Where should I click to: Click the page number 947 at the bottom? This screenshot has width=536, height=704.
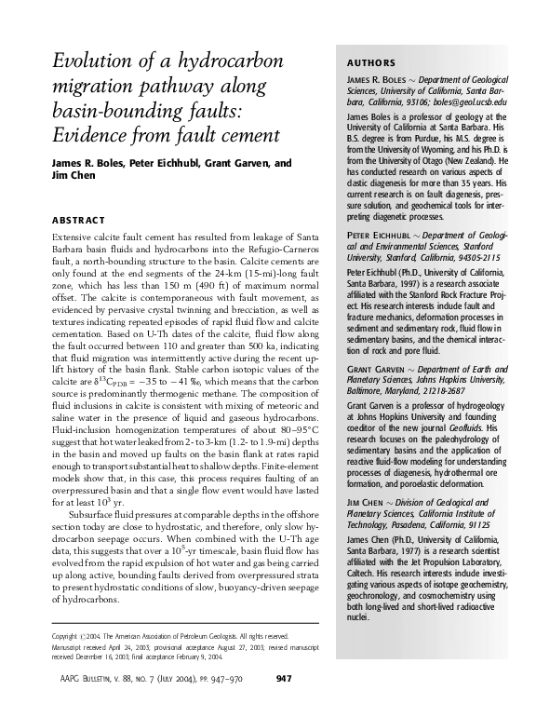[x=287, y=677]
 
